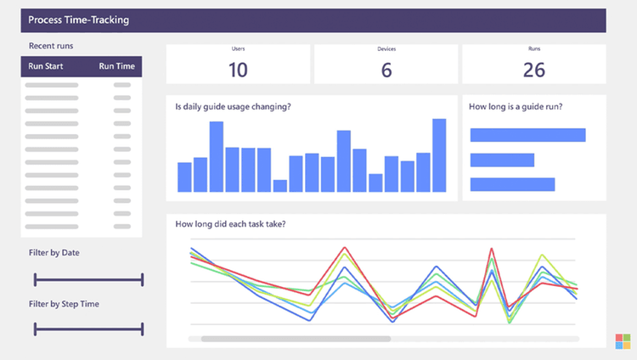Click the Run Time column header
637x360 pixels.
116,66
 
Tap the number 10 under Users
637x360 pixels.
238,70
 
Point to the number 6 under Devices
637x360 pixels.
386,70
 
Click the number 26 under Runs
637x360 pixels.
533,70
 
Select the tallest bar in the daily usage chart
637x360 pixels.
439,155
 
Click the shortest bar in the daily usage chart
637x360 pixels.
280,186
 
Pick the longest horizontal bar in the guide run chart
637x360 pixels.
527,135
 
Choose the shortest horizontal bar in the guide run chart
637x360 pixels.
502,160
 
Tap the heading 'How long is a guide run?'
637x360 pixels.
516,107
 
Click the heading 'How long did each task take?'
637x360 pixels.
230,224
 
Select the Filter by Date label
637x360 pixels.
54,253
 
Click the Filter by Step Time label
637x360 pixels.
63,303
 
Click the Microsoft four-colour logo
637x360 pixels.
623,341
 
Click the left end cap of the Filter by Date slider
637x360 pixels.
35,279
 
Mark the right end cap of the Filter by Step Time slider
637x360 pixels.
142,329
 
